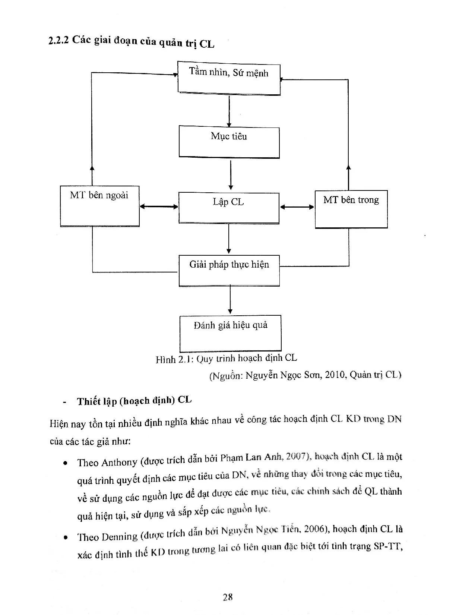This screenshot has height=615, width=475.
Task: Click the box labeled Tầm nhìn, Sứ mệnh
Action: tap(229, 78)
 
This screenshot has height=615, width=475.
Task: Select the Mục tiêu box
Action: tap(229, 142)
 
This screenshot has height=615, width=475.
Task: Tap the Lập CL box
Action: tap(229, 208)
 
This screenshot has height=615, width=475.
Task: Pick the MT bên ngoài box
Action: tap(99, 206)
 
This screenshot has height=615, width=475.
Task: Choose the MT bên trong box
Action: tap(351, 209)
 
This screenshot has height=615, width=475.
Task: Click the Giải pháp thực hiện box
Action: tap(229, 270)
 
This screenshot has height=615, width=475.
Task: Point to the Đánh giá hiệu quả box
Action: tap(230, 333)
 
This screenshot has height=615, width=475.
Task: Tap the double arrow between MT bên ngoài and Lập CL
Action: tap(159, 206)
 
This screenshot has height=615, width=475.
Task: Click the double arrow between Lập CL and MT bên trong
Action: tap(297, 206)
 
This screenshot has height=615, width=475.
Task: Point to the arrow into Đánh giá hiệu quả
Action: tap(230, 300)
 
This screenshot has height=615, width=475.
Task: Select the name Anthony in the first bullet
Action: tap(119, 462)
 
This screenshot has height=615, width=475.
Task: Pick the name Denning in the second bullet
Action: tap(119, 536)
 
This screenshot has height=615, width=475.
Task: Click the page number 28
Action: tap(228, 597)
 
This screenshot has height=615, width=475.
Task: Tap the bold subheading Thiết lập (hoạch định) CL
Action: tap(134, 401)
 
